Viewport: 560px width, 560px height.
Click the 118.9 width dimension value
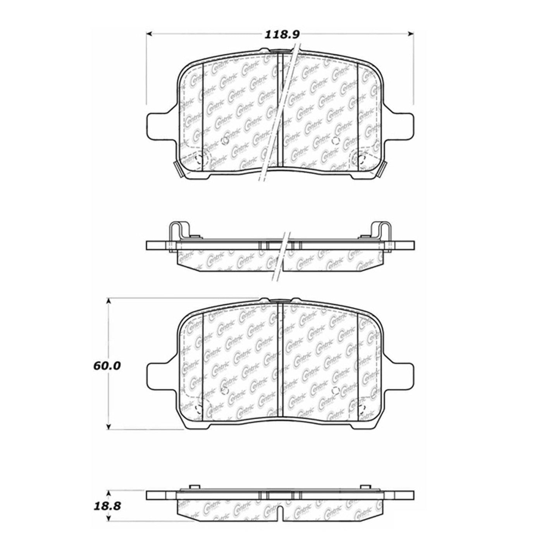(x=281, y=35)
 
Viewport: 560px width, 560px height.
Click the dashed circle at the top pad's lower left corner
(x=201, y=159)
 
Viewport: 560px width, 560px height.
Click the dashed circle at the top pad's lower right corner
(x=359, y=159)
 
